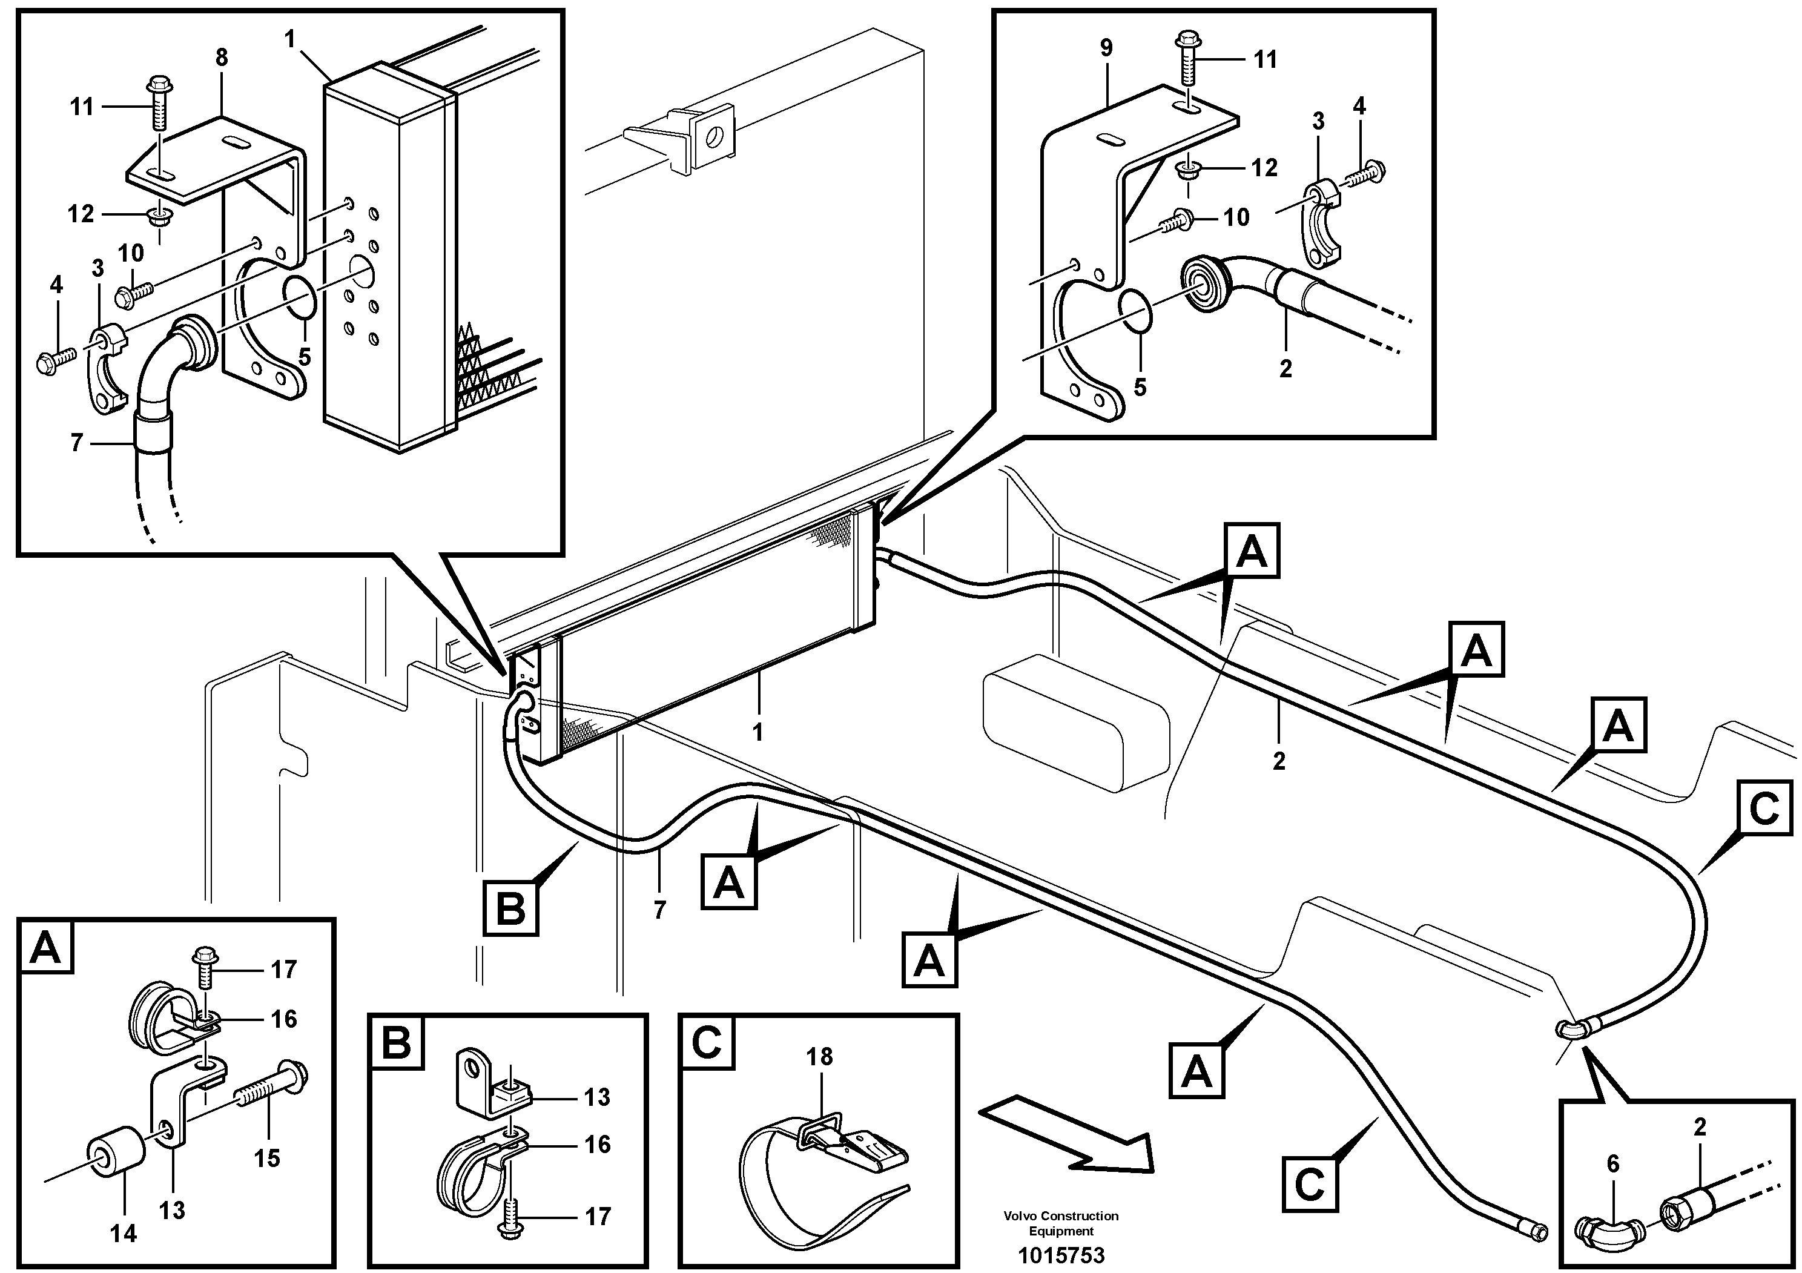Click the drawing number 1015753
1060,1255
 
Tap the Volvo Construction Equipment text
1060,1223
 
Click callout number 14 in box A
122,1233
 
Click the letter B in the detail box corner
397,1045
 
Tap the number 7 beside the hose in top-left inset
76,443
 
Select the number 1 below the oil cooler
757,732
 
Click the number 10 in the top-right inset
1236,217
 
